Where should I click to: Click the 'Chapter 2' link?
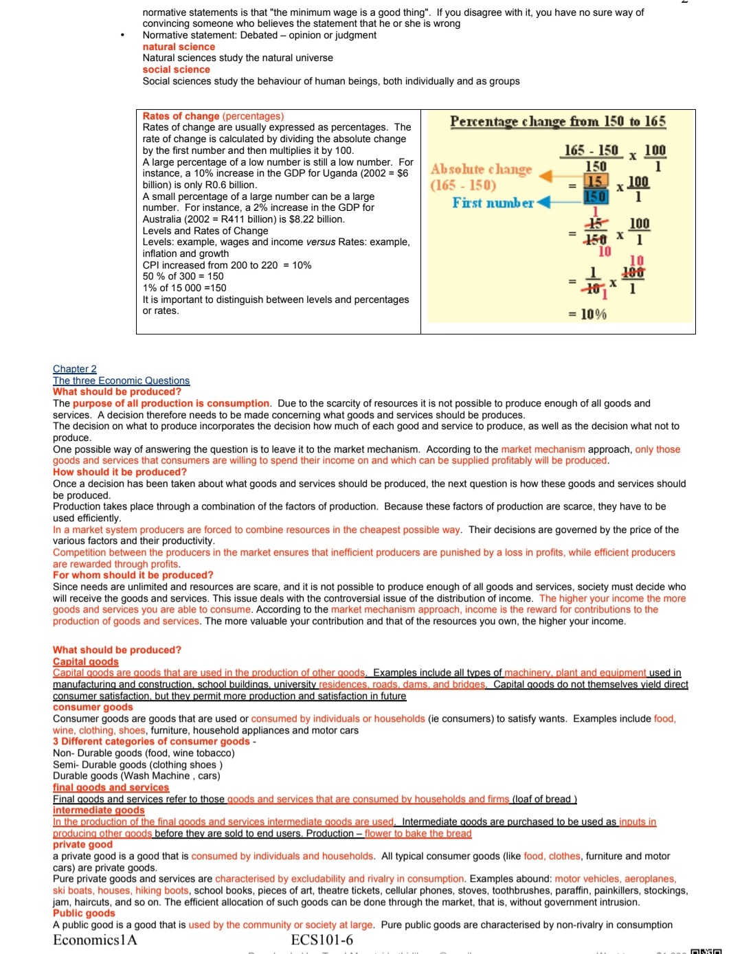(75, 369)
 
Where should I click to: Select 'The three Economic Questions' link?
(121, 381)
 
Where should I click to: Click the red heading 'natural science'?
(179, 47)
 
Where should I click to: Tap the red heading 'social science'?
(176, 69)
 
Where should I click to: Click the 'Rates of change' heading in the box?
(181, 116)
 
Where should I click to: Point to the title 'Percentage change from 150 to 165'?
(558, 122)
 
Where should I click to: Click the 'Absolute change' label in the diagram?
(481, 169)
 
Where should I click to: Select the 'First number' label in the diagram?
(493, 203)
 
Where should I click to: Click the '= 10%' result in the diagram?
(587, 314)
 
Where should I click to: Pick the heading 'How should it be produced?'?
(120, 472)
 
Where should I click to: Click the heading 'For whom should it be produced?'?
(133, 575)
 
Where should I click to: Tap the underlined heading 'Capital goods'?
(86, 661)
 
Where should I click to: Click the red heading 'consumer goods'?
(93, 707)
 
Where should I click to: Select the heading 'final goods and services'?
(111, 787)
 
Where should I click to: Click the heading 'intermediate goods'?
(99, 810)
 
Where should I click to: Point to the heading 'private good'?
(82, 844)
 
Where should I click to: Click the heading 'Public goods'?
(84, 913)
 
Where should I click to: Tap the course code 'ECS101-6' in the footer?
(322, 940)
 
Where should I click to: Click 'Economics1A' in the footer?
(95, 940)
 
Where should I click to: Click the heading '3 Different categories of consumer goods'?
(151, 741)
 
